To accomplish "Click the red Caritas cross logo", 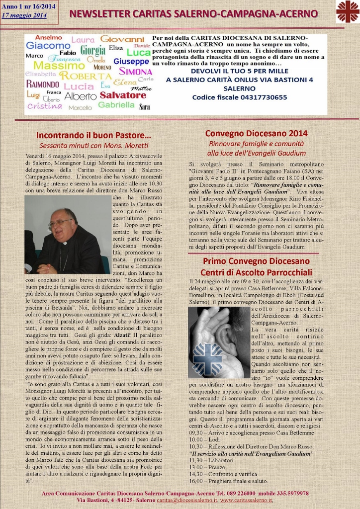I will pos(347,12).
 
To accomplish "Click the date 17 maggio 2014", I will pos(24,15).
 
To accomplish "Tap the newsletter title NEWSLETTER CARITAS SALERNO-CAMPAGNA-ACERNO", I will pos(193,13).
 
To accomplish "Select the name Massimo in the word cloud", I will pos(52,66).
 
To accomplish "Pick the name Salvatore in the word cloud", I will pos(123,94).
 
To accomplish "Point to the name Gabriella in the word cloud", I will pos(116,105).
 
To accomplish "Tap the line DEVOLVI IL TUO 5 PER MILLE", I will pos(240,71).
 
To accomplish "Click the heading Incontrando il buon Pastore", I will pos(93,135).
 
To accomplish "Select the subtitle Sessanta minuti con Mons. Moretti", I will pos(94,146).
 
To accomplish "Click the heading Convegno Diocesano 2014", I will pos(256,133).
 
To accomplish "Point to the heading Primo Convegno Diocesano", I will pos(256,261).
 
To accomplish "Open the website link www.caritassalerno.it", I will pos(246,500).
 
